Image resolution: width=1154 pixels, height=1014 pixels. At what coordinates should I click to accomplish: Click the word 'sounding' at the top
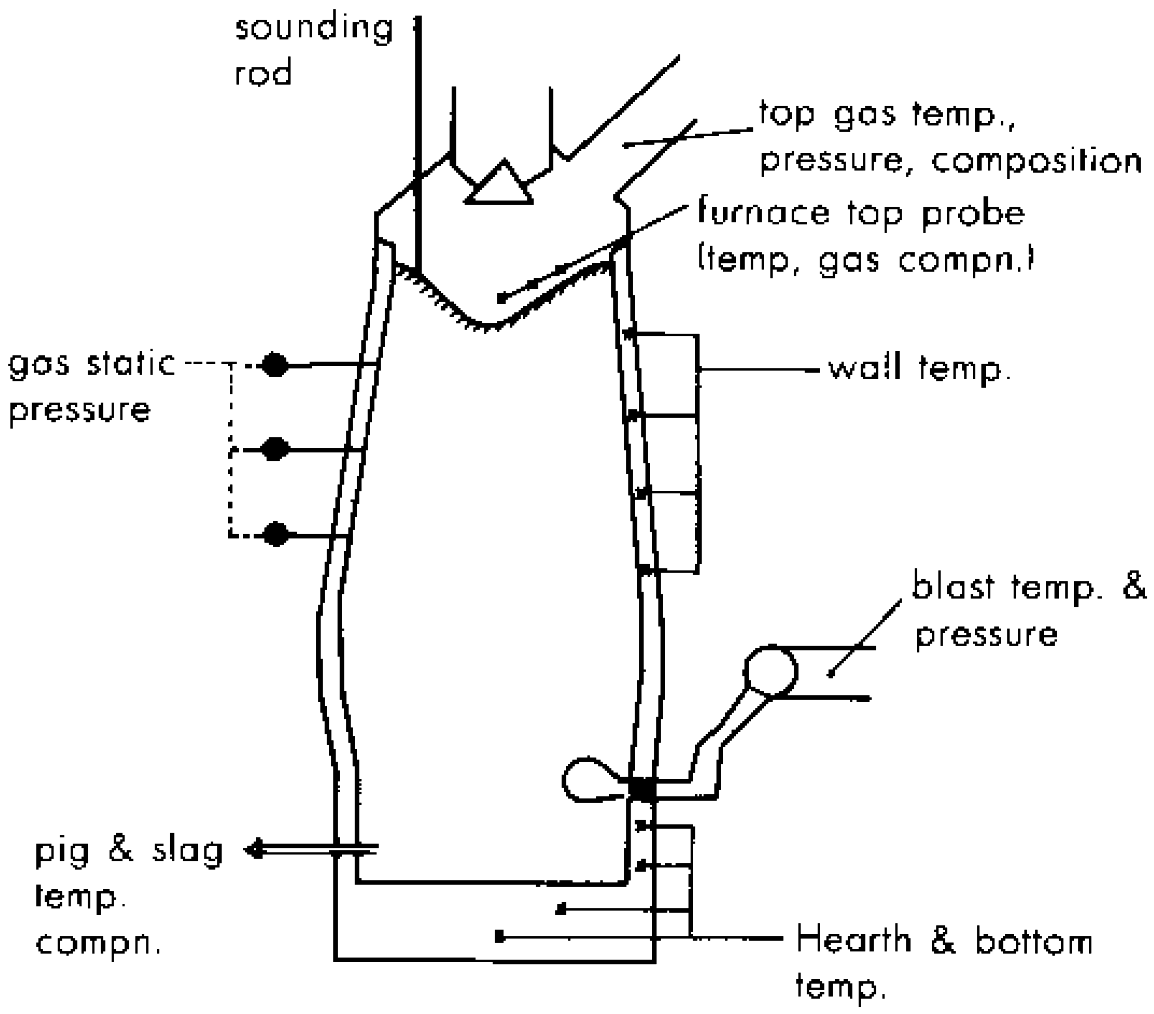coord(314,30)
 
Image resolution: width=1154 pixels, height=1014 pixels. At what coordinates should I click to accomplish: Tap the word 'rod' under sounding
coord(263,73)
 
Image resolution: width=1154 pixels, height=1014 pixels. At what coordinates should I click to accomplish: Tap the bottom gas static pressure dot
coord(275,534)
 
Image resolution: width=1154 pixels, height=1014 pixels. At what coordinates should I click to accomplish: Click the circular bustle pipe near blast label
coord(771,671)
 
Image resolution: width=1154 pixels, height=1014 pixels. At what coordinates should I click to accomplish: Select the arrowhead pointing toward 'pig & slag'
coord(254,848)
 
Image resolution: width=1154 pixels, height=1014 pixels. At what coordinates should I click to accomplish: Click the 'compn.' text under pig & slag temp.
coord(98,943)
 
